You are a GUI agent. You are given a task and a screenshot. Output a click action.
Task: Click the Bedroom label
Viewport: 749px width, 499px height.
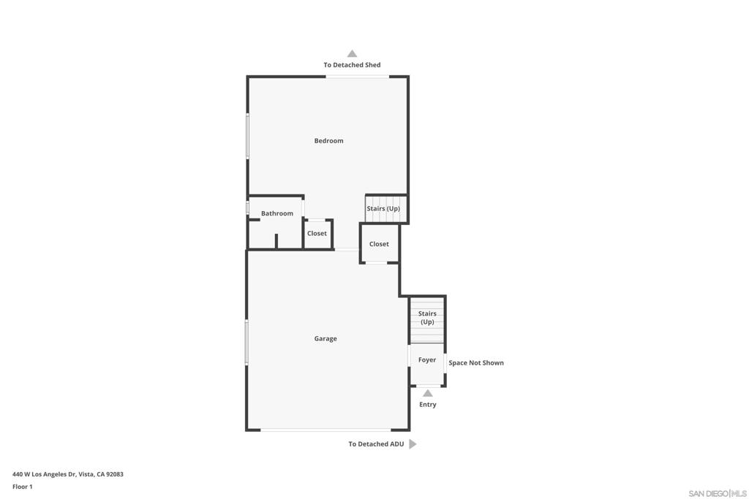click(x=328, y=141)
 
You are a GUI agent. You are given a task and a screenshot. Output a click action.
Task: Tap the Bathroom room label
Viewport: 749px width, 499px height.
click(x=277, y=213)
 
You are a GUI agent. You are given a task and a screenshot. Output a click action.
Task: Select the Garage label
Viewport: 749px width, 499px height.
click(x=325, y=339)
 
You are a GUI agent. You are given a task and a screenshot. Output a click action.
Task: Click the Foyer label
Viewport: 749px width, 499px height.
click(x=427, y=360)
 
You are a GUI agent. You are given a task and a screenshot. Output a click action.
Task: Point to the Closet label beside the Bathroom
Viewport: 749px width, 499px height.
click(x=317, y=233)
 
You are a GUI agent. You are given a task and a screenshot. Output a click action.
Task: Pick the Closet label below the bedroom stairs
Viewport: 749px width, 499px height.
click(x=379, y=244)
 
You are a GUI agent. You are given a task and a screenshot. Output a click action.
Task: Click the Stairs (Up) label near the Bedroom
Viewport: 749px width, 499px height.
click(x=383, y=208)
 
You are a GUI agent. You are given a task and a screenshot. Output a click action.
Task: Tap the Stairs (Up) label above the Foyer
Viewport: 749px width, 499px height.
click(x=427, y=318)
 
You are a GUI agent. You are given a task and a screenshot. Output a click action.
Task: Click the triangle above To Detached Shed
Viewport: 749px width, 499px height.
click(x=352, y=53)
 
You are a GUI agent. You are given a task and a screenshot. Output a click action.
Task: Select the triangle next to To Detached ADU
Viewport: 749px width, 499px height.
click(x=413, y=444)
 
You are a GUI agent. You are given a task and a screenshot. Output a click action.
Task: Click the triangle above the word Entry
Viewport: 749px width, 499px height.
click(x=427, y=393)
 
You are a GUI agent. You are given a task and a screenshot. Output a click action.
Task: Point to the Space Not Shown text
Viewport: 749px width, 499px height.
click(x=475, y=363)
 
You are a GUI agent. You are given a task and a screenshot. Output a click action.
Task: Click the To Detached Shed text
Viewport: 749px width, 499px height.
click(x=352, y=65)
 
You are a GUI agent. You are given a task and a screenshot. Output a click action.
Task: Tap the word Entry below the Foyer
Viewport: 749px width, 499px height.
click(x=427, y=405)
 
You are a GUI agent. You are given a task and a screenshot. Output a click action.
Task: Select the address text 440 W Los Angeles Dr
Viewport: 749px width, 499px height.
click(x=45, y=474)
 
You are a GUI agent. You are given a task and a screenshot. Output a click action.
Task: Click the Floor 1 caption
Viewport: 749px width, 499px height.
click(x=23, y=487)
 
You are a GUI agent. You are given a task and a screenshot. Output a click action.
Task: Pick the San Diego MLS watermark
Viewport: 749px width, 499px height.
click(x=718, y=493)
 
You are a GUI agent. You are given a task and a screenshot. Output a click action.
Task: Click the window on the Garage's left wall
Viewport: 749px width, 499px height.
click(x=246, y=342)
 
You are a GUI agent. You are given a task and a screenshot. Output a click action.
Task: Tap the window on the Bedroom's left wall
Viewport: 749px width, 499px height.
click(x=247, y=135)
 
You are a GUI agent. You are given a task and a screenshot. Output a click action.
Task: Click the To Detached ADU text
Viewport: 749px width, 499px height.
click(x=376, y=444)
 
